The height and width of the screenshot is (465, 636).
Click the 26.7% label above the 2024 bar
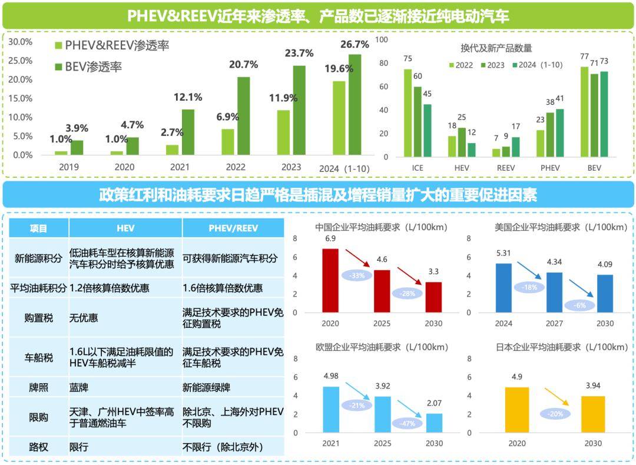point(355,44)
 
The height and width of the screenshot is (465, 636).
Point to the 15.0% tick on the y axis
point(21,98)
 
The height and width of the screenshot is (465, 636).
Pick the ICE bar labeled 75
point(408,112)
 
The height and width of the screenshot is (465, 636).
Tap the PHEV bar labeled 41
point(559,132)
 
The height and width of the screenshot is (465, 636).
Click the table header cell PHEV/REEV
point(233,228)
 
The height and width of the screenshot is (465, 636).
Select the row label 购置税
point(39,317)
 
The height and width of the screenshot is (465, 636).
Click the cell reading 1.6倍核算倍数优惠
point(223,288)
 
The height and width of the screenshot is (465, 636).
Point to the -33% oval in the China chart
point(359,274)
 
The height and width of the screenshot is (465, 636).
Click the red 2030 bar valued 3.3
point(433,297)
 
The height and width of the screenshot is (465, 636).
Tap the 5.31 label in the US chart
point(503,254)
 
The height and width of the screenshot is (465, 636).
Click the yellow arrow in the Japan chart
point(556,396)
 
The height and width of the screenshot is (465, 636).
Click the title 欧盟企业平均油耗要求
point(382,347)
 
